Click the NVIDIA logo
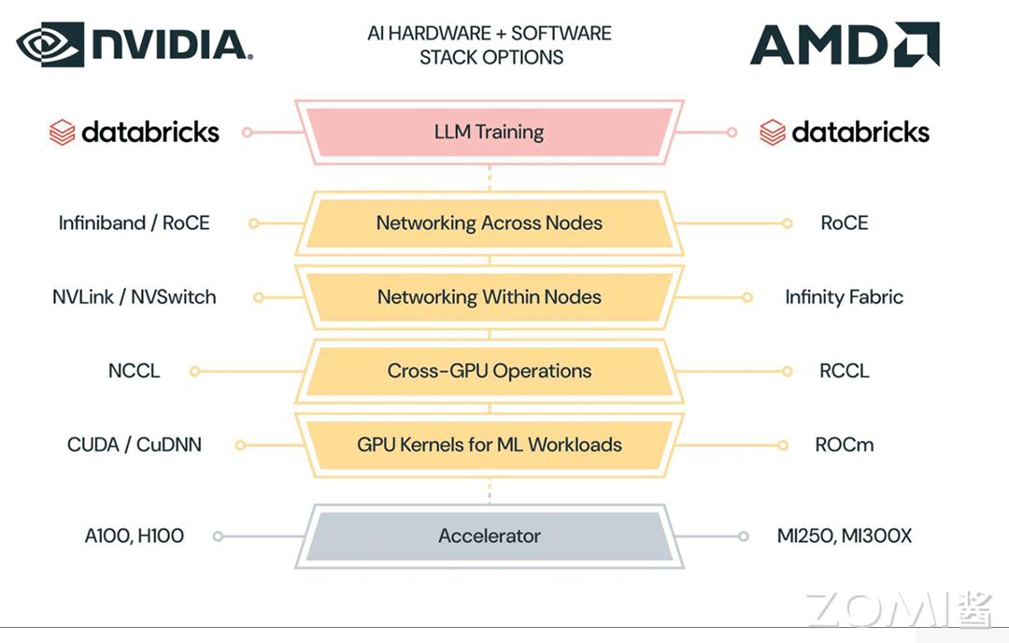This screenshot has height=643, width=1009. (x=135, y=45)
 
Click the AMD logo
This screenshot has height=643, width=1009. (x=845, y=45)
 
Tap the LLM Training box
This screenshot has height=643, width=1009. (x=490, y=132)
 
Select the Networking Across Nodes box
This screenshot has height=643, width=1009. (x=490, y=223)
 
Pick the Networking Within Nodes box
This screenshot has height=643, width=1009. (x=490, y=297)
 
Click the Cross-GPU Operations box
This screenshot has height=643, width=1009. (x=490, y=371)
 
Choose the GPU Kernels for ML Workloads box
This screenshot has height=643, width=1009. (x=490, y=445)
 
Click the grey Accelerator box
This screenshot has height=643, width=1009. (x=490, y=536)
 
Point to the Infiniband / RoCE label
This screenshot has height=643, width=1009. (x=135, y=223)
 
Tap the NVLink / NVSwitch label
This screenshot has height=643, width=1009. (x=135, y=297)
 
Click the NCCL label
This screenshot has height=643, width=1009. (x=135, y=371)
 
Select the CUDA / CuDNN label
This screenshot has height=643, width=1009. (x=135, y=445)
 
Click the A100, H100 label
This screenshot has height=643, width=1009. (x=135, y=536)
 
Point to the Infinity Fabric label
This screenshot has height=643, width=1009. (x=844, y=297)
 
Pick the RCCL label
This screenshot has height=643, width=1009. (x=844, y=371)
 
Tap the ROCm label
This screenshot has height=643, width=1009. (x=844, y=445)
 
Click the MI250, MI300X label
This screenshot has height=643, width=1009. (x=844, y=536)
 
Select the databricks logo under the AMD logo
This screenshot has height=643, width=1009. (x=844, y=133)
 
